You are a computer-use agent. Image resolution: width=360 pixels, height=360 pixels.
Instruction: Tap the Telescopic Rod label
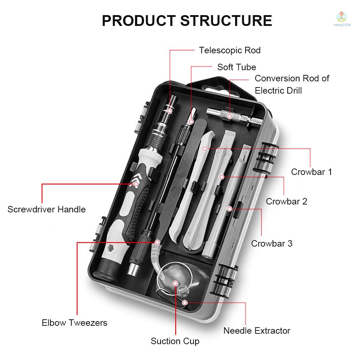pyautogui.click(x=230, y=50)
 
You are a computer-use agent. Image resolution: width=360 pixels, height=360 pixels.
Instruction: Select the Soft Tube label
pyautogui.click(x=237, y=67)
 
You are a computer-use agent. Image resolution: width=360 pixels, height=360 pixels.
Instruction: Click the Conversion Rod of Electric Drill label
pyautogui.click(x=292, y=84)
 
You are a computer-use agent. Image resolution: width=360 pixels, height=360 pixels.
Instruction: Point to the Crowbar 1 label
pyautogui.click(x=311, y=172)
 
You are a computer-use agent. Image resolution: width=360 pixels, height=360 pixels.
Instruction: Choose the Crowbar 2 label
pyautogui.click(x=287, y=201)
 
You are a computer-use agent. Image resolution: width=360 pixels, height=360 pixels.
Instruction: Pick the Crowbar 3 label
pyautogui.click(x=272, y=243)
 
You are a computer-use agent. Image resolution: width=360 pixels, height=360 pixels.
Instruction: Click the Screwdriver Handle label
pyautogui.click(x=46, y=209)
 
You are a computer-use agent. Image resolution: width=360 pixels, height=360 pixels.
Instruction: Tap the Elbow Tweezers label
pyautogui.click(x=74, y=323)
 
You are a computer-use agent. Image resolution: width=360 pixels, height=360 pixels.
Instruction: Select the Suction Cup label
pyautogui.click(x=175, y=341)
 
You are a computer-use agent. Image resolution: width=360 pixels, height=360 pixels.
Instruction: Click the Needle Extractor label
pyautogui.click(x=257, y=330)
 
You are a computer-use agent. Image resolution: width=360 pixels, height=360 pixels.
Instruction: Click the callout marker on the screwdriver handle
pyautogui.click(x=136, y=184)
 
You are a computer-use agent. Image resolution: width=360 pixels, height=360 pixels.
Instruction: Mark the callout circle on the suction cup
pyautogui.click(x=175, y=284)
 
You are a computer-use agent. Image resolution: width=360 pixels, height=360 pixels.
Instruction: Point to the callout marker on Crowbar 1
pyautogui.click(x=204, y=148)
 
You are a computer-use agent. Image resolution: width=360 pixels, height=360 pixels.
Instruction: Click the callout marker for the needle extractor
pyautogui.click(x=185, y=303)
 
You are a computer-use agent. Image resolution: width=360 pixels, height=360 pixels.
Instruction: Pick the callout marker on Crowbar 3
pyautogui.click(x=229, y=208)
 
